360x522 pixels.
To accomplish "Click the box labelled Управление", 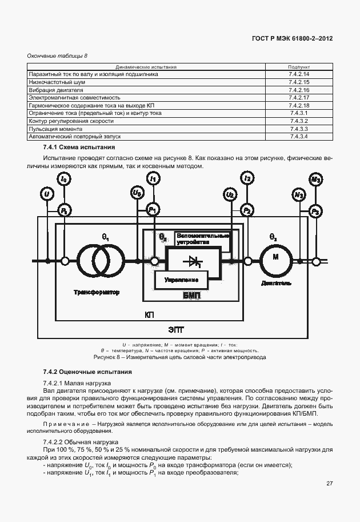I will point(181,280).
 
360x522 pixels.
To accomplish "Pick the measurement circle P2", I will point(247,211).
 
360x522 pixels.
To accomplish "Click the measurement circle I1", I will point(153,180).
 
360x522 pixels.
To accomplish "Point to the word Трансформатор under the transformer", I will point(97,292).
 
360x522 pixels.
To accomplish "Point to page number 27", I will point(329,484).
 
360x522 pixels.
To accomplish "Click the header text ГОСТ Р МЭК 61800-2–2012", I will point(292,39).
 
